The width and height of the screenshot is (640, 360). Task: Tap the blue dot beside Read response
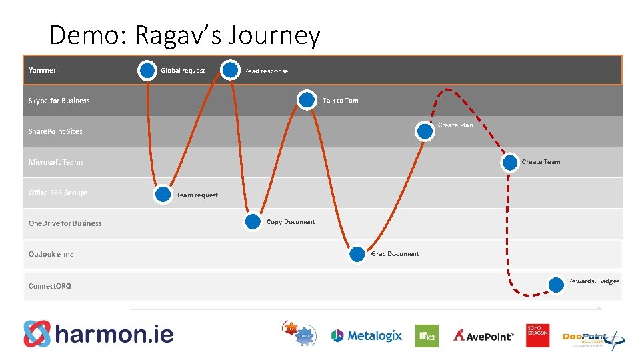[x=231, y=69]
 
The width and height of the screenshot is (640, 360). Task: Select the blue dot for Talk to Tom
[x=307, y=100]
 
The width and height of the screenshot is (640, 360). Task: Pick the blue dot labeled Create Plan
[x=425, y=131]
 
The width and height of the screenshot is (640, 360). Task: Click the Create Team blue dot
[x=510, y=161]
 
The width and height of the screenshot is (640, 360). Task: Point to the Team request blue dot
[x=163, y=194]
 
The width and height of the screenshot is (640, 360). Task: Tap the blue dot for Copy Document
[x=253, y=222]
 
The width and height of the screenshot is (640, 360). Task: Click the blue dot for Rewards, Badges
[x=555, y=285]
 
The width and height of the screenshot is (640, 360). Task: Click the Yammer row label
[x=43, y=70]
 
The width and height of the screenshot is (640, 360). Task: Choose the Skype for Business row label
[x=59, y=101]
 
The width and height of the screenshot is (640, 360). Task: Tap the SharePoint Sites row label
[x=55, y=131]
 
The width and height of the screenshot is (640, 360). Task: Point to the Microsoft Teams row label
[x=56, y=162]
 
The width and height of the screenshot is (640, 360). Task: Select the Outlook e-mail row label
[x=53, y=254]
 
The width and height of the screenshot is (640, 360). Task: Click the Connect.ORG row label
[x=50, y=286]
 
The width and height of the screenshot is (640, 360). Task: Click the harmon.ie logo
[x=99, y=333]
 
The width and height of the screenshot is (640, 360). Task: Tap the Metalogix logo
[x=367, y=335]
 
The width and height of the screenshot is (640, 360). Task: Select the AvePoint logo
[x=484, y=335]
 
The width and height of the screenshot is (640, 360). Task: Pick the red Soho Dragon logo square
[x=537, y=335]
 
